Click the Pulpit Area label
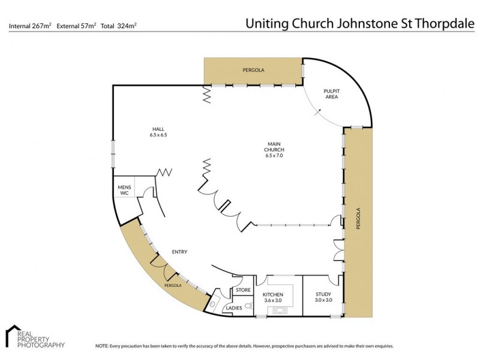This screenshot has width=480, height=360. click(x=332, y=94)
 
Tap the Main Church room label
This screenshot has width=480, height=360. click(x=274, y=149)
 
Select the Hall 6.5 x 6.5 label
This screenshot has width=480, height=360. click(x=158, y=132)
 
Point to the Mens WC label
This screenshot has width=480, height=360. click(x=124, y=190)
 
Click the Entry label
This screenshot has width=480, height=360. click(x=179, y=252)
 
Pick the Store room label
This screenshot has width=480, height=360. click(x=243, y=290)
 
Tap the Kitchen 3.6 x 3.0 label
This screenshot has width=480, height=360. click(x=273, y=297)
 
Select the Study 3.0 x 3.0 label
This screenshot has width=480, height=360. click(x=323, y=297)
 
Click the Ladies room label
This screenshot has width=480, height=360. click(x=234, y=308)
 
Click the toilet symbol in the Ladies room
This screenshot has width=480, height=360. click(x=248, y=305)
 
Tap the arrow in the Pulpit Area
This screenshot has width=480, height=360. click(x=318, y=112)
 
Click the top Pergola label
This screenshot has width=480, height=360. click(x=253, y=70)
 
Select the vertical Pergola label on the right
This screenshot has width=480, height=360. click(x=358, y=218)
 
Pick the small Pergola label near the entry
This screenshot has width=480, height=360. click(x=173, y=286)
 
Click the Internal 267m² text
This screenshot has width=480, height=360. click(x=30, y=26)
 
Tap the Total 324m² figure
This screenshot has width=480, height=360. click(x=118, y=26)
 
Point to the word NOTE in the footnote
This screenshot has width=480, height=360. click(x=101, y=346)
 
